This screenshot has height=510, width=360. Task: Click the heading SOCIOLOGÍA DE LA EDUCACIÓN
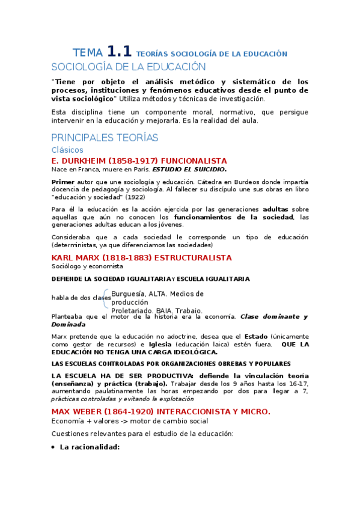click(129, 67)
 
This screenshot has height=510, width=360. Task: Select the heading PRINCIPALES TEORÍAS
click(105, 138)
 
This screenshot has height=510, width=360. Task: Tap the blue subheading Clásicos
click(67, 150)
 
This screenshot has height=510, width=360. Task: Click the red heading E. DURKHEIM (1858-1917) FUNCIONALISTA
click(139, 161)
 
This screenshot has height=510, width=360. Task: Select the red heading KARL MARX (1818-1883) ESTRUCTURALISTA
click(141, 257)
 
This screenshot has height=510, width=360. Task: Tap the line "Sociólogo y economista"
click(87, 266)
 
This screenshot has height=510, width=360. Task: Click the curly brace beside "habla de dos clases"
click(107, 298)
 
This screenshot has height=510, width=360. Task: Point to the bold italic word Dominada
click(69, 324)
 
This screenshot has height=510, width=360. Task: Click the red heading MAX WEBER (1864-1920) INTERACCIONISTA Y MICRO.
click(160, 411)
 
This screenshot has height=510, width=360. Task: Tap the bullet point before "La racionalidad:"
click(53, 447)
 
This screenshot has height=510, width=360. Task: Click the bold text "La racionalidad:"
click(90, 447)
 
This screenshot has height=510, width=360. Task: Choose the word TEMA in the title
click(87, 53)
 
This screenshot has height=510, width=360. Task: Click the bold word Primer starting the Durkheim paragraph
click(64, 182)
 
